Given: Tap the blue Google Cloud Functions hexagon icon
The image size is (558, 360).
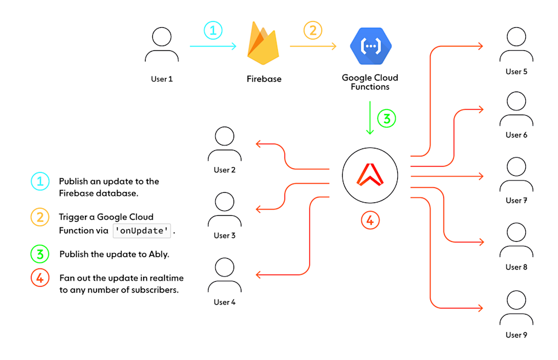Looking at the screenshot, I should [371, 45].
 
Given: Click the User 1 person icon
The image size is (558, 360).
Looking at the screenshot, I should [161, 45].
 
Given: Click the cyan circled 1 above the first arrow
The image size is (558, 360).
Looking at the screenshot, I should [213, 31].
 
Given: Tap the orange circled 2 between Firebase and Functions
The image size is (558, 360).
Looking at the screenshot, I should [312, 31].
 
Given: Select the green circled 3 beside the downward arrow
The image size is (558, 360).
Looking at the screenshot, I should [386, 118].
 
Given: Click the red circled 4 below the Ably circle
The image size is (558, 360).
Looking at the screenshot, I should [370, 219].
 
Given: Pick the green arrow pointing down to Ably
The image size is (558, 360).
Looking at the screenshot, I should [370, 118].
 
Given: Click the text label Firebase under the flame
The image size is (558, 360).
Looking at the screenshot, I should [264, 79].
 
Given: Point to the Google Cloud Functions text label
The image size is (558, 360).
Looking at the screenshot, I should [370, 82].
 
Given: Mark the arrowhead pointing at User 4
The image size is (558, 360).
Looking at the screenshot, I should [258, 275].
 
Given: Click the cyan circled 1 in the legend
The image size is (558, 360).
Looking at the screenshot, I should [39, 181].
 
